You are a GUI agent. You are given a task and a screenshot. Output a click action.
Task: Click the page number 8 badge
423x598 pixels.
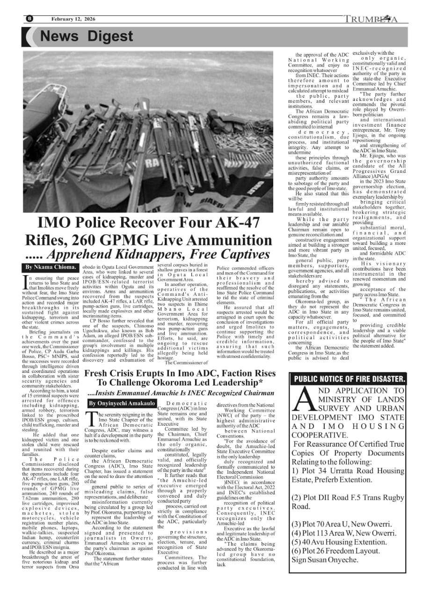tap(29, 19)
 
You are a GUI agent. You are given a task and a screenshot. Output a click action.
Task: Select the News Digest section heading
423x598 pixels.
tap(87, 36)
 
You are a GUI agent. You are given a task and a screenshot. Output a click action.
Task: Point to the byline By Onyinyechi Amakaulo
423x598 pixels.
tap(122, 403)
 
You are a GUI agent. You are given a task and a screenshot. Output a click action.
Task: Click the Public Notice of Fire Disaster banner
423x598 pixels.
tap(349, 379)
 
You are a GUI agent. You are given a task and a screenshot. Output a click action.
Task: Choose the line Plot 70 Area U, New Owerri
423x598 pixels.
tap(342, 524)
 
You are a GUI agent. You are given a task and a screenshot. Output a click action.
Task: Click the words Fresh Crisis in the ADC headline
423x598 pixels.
tap(111, 373)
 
